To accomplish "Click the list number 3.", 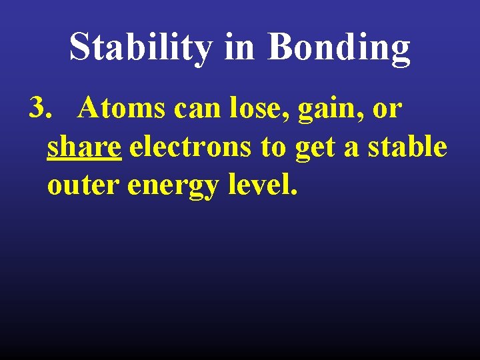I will coord(39,108).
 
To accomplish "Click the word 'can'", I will coord(193,109).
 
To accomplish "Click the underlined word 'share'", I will coord(84,147).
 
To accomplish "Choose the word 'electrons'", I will coord(191,147).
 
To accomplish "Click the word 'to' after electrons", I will coord(273,147).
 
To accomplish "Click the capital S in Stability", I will coord(81,47).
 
